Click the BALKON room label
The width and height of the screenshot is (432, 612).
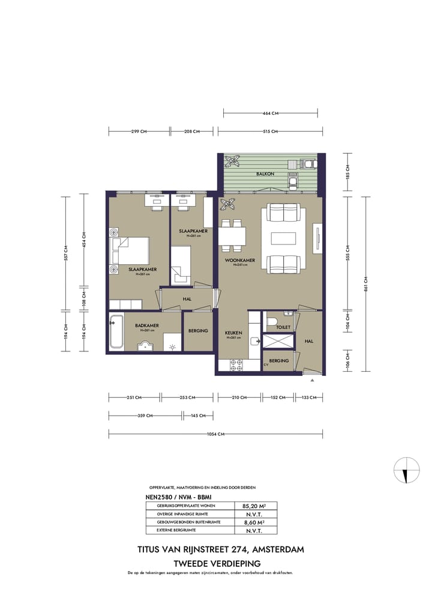point(265,174)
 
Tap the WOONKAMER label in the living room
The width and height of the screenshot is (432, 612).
point(240,261)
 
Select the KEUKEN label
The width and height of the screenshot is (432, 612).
point(233,333)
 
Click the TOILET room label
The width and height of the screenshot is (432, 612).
point(283,327)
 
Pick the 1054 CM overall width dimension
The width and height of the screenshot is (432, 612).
point(216,434)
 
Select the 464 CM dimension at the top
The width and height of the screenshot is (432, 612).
point(271,113)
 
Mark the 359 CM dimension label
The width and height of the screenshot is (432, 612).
point(145,416)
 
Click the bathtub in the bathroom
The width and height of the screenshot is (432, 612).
point(116,332)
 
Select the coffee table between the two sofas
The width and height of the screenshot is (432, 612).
point(283,238)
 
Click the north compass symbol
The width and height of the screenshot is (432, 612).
point(407,470)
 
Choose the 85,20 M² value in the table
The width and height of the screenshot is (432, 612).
point(255,506)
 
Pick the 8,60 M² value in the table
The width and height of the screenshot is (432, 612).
point(255,523)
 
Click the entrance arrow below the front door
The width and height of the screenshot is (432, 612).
point(312,380)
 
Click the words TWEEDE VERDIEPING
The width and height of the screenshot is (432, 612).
point(217,563)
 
